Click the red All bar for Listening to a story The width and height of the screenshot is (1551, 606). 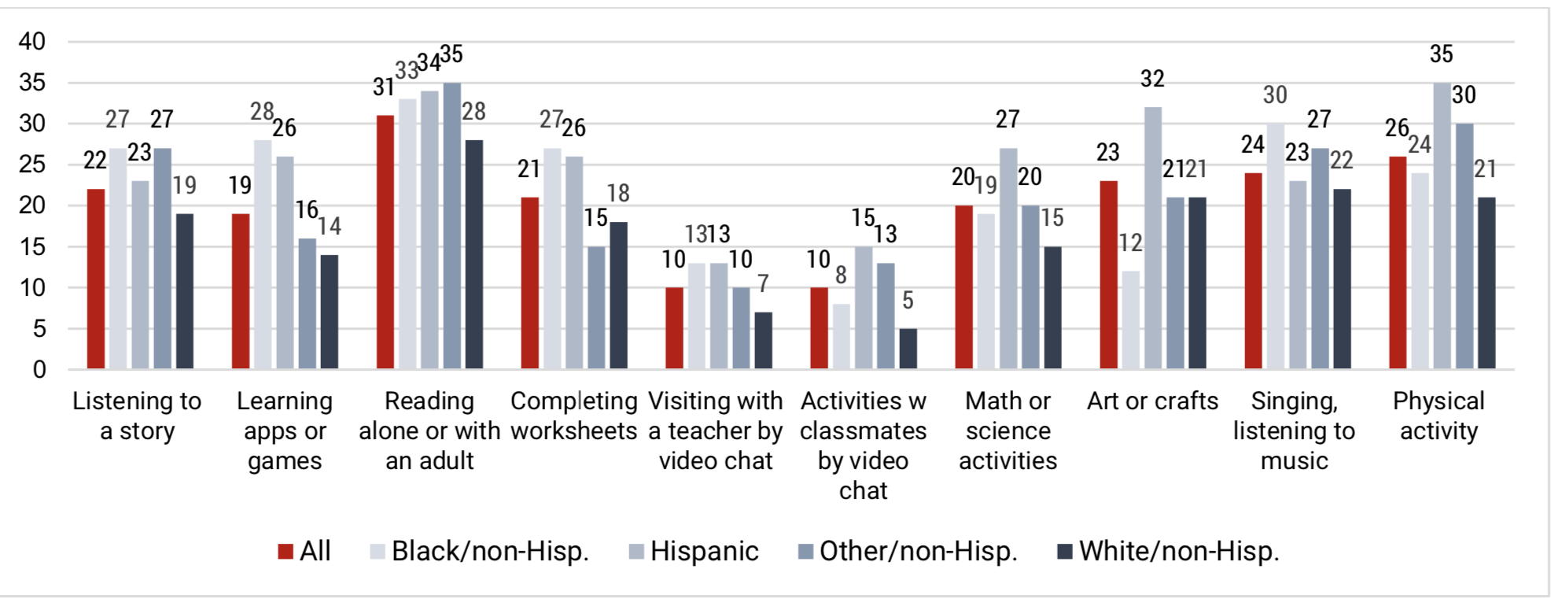click(96, 279)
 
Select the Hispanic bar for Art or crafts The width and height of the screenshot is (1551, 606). click(1152, 238)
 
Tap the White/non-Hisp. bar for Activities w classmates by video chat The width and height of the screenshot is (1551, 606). click(908, 349)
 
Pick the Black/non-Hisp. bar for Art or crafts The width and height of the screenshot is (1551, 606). click(1130, 320)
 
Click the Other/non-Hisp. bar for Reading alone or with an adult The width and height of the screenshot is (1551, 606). click(451, 226)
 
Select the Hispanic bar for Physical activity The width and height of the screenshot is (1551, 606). click(1442, 226)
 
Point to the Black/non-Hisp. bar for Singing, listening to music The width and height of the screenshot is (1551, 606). click(1275, 246)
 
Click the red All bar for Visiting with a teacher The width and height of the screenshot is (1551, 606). click(674, 328)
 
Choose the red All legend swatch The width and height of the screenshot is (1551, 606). click(286, 552)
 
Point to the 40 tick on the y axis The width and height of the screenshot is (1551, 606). click(32, 42)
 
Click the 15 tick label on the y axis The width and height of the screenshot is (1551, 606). click(32, 247)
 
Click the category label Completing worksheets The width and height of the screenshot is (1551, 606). click(573, 416)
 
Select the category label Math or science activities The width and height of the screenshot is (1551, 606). click(1008, 430)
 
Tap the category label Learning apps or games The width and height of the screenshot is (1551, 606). click(285, 430)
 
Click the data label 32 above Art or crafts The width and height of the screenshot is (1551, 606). click(1152, 79)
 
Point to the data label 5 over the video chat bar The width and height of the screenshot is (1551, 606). click(908, 300)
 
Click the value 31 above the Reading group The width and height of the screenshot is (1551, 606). click(384, 87)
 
